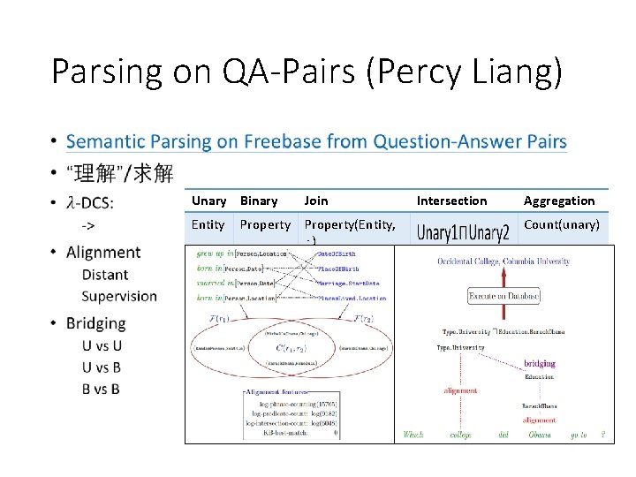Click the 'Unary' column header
click(208, 201)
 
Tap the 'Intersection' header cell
click(451, 201)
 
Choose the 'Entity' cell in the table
click(208, 225)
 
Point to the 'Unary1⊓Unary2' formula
click(463, 233)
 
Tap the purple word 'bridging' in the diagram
click(540, 363)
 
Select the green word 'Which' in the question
click(413, 435)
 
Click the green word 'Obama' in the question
click(539, 435)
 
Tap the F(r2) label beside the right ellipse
click(364, 318)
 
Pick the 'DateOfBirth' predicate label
click(338, 254)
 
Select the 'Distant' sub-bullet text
click(104, 275)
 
